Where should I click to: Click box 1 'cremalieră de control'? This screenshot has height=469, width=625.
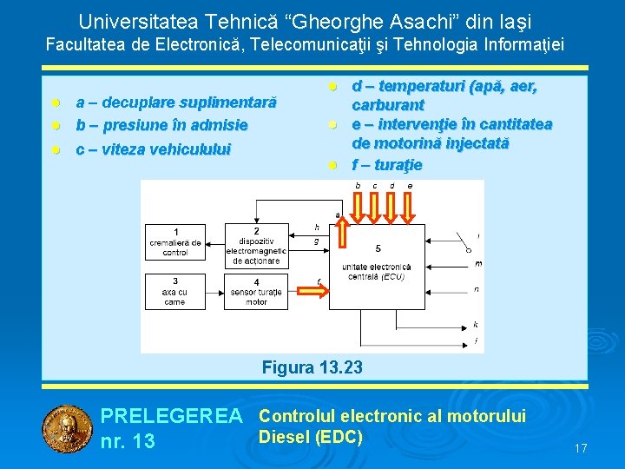click(x=175, y=242)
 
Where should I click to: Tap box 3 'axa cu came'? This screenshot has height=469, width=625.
click(x=175, y=292)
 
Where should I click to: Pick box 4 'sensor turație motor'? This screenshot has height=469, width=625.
click(x=256, y=293)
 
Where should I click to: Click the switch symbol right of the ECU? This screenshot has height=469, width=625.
click(x=463, y=243)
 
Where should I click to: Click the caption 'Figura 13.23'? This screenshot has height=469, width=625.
click(x=312, y=368)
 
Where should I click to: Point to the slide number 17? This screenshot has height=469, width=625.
click(x=581, y=449)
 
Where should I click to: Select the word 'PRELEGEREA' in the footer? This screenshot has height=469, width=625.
click(x=172, y=418)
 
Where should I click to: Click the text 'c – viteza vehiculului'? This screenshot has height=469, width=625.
click(x=153, y=149)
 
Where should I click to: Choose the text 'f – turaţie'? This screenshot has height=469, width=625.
click(x=386, y=164)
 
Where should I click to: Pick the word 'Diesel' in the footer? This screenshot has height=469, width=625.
click(x=285, y=437)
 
